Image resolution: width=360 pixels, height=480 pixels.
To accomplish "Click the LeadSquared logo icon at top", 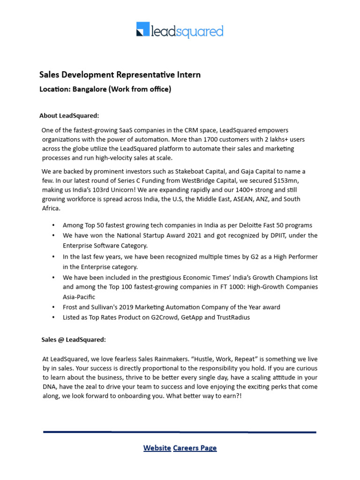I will point(142,29).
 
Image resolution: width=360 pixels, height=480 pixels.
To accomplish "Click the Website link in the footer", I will point(157,448).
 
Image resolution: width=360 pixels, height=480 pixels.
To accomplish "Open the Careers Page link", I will point(195,448).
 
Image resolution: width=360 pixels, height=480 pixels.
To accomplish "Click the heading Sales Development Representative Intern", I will point(120,75).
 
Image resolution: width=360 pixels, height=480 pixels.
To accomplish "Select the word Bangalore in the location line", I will point(89,89).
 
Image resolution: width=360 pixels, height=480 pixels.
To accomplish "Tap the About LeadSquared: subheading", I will point(69,116).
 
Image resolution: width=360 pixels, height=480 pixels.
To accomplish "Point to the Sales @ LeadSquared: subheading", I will point(73,340).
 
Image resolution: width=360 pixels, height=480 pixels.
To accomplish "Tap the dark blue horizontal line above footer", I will point(180,432).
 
